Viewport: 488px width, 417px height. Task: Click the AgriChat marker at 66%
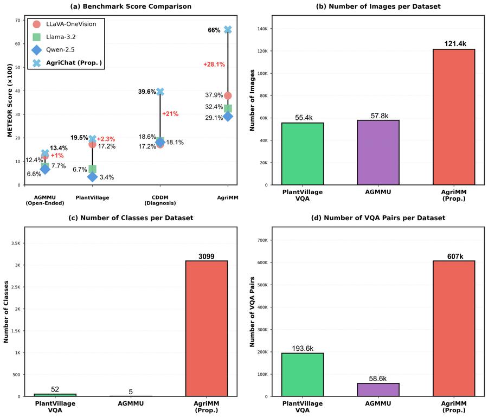[x=228, y=30]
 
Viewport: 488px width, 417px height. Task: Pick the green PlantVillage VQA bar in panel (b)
[x=303, y=153]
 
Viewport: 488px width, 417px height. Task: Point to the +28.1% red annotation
[x=214, y=64]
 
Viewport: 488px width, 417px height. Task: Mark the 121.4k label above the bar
[x=454, y=42]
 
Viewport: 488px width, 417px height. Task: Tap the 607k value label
[x=454, y=255]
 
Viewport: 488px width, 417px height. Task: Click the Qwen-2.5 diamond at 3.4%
[x=92, y=177]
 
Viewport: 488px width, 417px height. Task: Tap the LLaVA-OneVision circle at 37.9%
[x=228, y=96]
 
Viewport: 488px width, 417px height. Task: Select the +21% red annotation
[x=170, y=114]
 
